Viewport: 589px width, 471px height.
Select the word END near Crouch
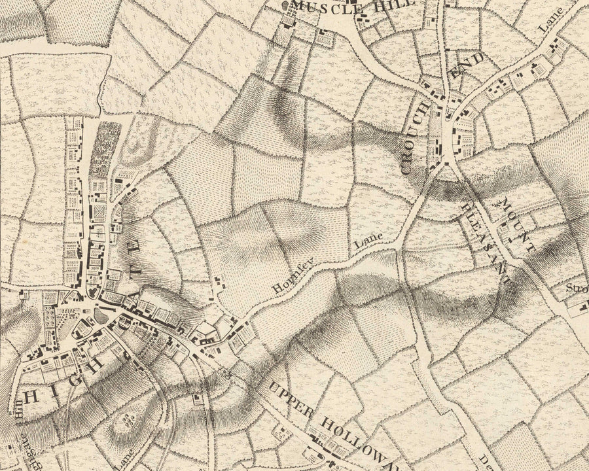(x=469, y=68)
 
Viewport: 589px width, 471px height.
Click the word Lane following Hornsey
(x=367, y=243)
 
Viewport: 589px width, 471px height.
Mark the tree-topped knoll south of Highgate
(x=128, y=418)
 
